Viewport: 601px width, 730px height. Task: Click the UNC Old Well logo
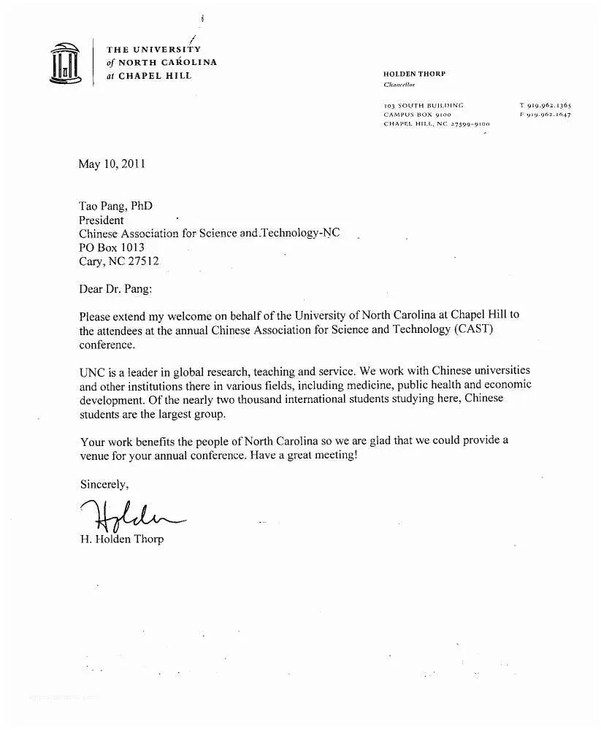[65, 63]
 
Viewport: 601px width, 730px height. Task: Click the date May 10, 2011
[112, 164]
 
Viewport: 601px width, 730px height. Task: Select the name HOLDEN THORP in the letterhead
[414, 74]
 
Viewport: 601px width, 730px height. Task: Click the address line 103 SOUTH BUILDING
[423, 105]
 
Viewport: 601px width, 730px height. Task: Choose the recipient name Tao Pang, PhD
[115, 207]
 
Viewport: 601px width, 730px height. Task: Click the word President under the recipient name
[101, 220]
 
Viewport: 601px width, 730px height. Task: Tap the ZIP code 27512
[143, 261]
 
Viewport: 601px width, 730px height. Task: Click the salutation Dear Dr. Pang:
[115, 288]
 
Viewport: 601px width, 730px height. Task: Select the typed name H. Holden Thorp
[121, 539]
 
